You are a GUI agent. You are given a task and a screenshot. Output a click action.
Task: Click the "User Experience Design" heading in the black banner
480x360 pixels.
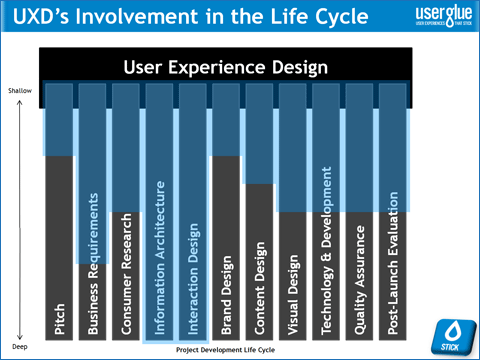225,68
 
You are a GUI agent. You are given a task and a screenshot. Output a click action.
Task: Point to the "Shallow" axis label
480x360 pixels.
21,90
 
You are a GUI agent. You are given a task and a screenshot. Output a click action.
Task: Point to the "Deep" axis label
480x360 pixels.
20,345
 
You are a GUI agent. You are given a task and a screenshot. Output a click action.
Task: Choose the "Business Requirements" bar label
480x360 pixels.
92,262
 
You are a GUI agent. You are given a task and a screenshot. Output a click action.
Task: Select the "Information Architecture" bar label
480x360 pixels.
159,258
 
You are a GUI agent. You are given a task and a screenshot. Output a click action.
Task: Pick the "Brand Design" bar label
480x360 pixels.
226,292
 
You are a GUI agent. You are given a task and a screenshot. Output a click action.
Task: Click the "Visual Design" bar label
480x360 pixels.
292,293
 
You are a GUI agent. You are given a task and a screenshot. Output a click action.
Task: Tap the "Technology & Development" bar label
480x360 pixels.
325,250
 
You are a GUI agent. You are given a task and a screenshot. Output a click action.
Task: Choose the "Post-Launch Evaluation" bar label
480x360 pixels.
392,262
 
